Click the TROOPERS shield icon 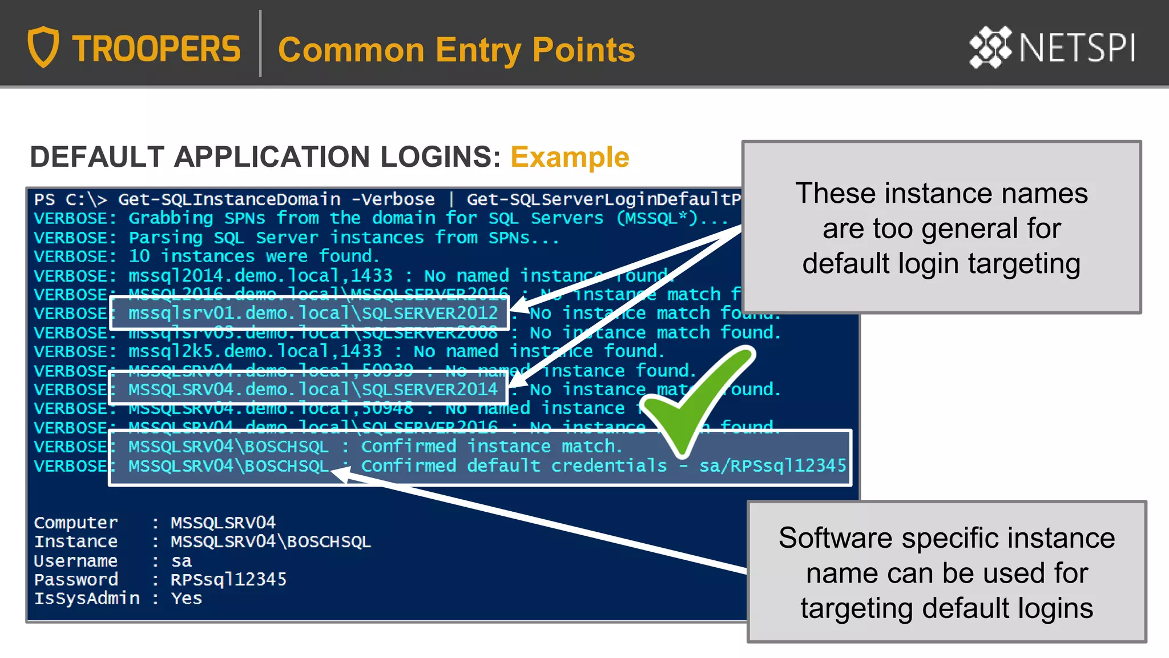43,47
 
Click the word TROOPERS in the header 156,49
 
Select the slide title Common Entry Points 456,50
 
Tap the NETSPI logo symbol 990,47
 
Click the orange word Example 569,157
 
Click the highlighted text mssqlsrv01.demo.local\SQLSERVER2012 313,313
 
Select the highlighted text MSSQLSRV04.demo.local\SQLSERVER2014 313,390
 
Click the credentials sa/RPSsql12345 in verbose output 772,466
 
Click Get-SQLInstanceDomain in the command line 229,199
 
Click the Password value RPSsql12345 228,579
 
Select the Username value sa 181,560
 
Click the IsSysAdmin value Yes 186,598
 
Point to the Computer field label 76,522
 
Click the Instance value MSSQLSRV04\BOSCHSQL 271,541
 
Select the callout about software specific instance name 946,572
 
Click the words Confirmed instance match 491,446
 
